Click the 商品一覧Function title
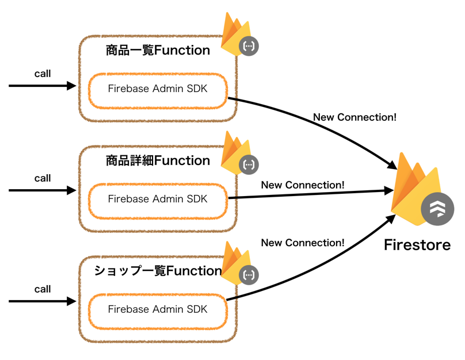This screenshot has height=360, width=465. pos(158,51)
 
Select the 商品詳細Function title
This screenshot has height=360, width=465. pos(158,161)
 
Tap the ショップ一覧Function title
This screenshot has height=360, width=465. pos(158,271)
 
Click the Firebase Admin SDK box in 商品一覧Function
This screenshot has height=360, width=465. pos(158,89)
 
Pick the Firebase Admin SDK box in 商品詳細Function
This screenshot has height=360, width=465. pos(158,200)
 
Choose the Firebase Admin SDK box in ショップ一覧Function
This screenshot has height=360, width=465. pos(158,309)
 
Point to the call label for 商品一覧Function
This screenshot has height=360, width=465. pos(43,74)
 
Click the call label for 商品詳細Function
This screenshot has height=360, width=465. pos(43,178)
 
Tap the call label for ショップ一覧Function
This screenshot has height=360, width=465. pos(43,289)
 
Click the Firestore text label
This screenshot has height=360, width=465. pos(417,246)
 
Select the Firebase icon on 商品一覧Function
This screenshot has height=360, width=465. pos(238,36)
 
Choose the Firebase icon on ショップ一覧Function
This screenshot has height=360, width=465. pos(238,263)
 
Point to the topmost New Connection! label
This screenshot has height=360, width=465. pos(355,117)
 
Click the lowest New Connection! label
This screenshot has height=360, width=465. pos(303,243)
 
